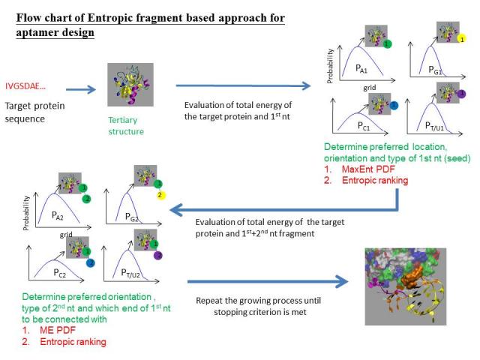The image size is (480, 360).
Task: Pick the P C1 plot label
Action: coord(364,125)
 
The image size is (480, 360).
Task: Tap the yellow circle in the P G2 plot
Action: coord(160,195)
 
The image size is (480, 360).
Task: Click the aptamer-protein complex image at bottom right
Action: coord(409,286)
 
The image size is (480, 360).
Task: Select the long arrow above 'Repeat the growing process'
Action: coord(268,283)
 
